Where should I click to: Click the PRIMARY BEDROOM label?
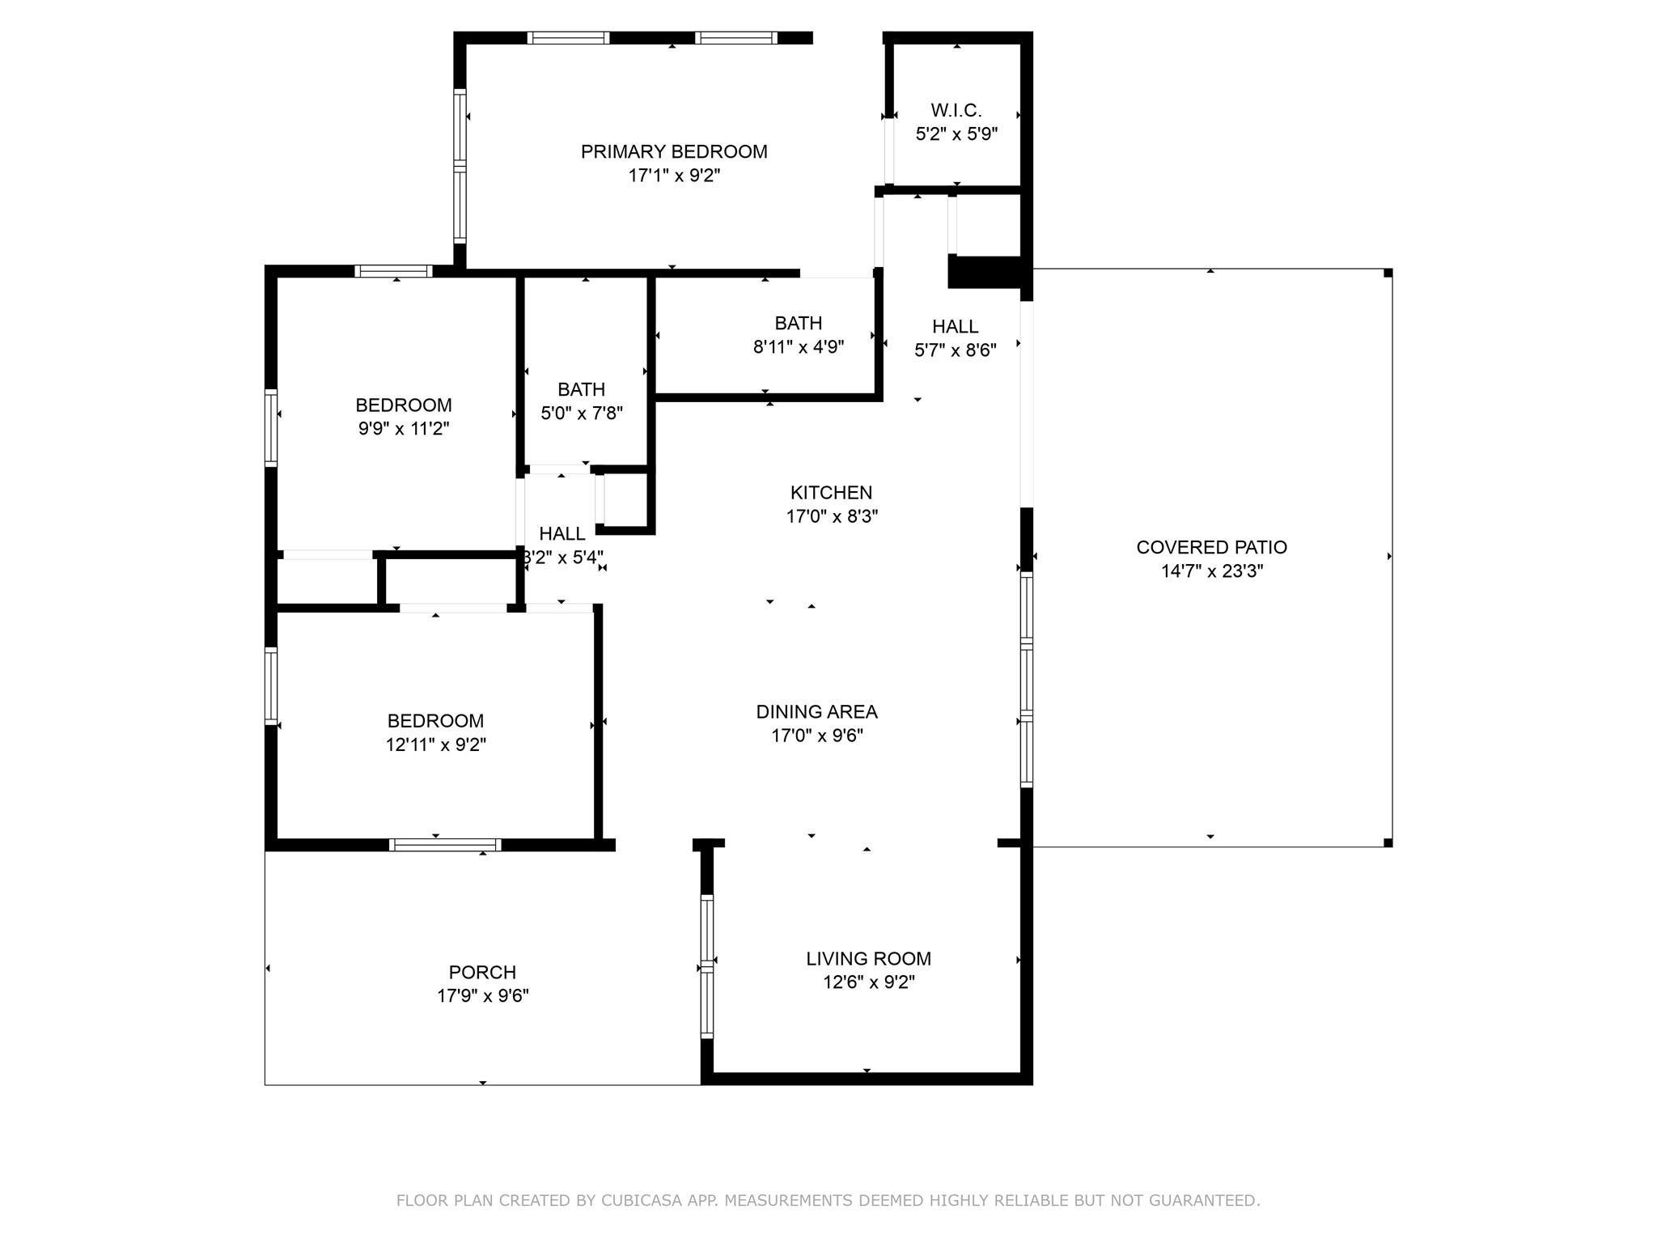pyautogui.click(x=674, y=151)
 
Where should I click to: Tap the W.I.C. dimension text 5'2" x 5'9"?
pyautogui.click(x=956, y=134)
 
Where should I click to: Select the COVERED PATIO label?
pyautogui.click(x=1211, y=547)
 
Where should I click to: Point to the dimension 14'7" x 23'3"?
pyautogui.click(x=1211, y=571)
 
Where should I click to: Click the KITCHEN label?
pyautogui.click(x=831, y=492)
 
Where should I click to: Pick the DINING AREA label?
pyautogui.click(x=816, y=711)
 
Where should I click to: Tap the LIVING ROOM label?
pyautogui.click(x=868, y=958)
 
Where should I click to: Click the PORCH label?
pyautogui.click(x=482, y=972)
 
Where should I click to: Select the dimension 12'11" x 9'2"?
pyautogui.click(x=435, y=745)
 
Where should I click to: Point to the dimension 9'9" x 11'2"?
pyautogui.click(x=404, y=428)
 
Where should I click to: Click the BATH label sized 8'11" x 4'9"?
pyautogui.click(x=798, y=323)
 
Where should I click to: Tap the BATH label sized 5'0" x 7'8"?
pyautogui.click(x=581, y=389)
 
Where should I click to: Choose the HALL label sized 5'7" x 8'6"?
pyautogui.click(x=955, y=326)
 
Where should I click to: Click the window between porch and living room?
pyautogui.click(x=707, y=966)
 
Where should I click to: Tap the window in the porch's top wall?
pyautogui.click(x=445, y=845)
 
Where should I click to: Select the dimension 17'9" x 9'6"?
pyautogui.click(x=482, y=995)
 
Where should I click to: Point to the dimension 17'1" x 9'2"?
pyautogui.click(x=674, y=176)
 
